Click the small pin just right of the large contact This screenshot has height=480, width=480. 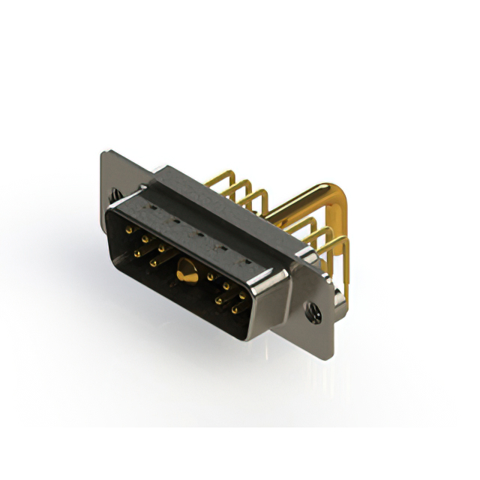[211, 277]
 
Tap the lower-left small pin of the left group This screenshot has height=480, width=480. [137, 253]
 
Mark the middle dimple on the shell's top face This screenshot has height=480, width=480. [198, 235]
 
